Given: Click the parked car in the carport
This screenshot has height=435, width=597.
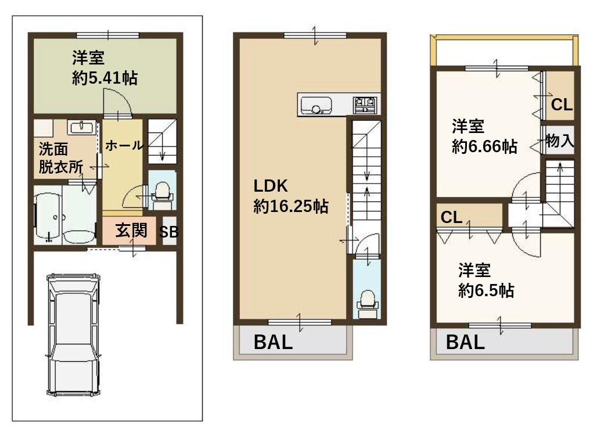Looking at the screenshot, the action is (x=74, y=335).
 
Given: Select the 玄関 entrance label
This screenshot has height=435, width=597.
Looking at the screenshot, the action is (x=131, y=230).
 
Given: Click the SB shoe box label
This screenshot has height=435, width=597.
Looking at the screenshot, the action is (x=168, y=232).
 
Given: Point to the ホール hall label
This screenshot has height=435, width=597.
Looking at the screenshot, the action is (x=124, y=145).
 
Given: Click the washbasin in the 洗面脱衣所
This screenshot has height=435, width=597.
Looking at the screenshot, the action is (x=82, y=127).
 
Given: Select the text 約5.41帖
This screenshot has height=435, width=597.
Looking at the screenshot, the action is (x=105, y=78).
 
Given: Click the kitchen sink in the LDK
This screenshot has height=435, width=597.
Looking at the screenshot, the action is (x=316, y=105).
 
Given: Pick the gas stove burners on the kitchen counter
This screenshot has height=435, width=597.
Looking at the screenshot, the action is (x=365, y=105).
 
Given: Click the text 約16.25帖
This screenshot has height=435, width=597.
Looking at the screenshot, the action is (x=291, y=206).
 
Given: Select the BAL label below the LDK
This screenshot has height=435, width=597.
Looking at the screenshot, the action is (x=273, y=342).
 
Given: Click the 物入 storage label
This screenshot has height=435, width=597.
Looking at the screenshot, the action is (x=560, y=141).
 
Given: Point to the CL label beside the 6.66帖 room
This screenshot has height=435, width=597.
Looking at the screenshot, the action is (x=562, y=105).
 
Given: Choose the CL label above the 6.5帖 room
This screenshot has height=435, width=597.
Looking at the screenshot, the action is (x=452, y=217).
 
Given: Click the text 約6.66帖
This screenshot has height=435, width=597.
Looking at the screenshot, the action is (x=485, y=146).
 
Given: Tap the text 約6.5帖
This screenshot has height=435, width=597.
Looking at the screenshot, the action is (x=486, y=290).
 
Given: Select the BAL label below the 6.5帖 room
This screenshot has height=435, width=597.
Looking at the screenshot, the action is (x=465, y=342).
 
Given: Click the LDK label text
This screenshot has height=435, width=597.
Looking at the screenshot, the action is (x=271, y=186).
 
